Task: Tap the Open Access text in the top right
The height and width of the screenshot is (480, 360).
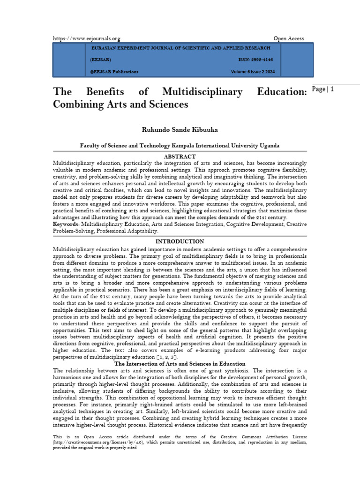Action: (x=289, y=38)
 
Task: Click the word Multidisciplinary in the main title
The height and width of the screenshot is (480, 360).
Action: (x=202, y=92)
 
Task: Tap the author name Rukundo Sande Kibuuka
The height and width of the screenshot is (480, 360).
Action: (x=180, y=129)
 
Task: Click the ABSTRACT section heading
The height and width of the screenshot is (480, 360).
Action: (x=180, y=156)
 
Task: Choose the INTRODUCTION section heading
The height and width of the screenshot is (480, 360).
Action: (x=180, y=241)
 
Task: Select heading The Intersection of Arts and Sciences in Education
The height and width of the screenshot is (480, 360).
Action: (x=180, y=364)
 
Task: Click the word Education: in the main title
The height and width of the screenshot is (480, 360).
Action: (x=281, y=92)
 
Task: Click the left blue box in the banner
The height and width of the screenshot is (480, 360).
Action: (x=68, y=60)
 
